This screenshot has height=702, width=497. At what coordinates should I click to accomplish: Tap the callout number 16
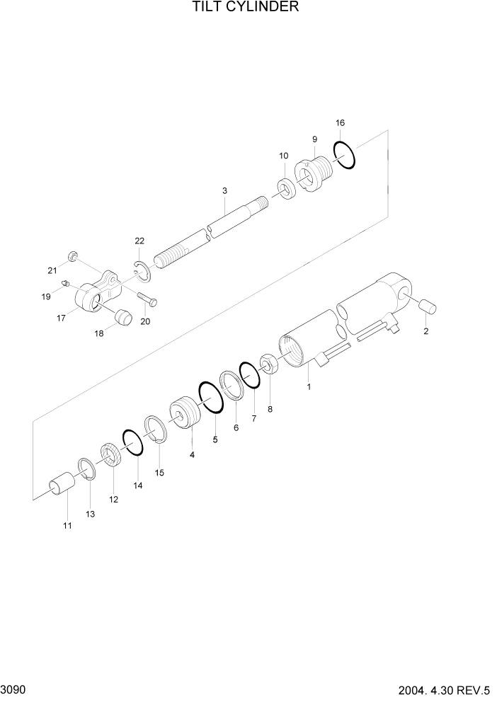(x=340, y=123)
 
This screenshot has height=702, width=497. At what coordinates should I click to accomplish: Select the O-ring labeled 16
(x=343, y=156)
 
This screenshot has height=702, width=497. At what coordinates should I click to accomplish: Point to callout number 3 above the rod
(x=224, y=191)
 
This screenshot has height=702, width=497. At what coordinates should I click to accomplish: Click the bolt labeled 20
(x=147, y=299)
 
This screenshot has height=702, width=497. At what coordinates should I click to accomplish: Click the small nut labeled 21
(x=72, y=255)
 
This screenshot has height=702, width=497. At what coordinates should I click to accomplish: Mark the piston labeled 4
(x=183, y=415)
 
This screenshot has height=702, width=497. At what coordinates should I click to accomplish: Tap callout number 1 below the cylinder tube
(x=308, y=387)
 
